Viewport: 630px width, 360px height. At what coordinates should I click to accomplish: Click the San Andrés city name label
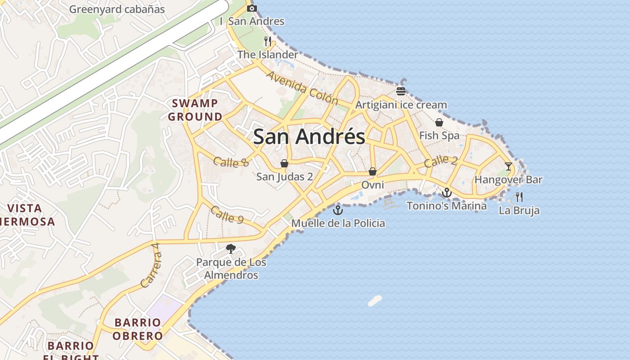[x=309, y=136]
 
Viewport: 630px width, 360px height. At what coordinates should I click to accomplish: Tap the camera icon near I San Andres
[x=252, y=8]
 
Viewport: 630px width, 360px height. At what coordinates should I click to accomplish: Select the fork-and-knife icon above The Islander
[x=268, y=41]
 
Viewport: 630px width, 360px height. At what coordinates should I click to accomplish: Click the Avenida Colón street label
[x=302, y=87]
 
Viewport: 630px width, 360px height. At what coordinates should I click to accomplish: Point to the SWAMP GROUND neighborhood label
[x=195, y=110]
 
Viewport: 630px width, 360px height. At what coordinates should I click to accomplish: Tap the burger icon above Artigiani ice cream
[x=401, y=91]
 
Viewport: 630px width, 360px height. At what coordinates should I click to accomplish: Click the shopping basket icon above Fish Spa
[x=439, y=122]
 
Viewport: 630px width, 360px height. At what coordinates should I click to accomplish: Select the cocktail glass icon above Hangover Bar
[x=508, y=166]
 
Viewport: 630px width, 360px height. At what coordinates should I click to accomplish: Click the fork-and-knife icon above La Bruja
[x=519, y=197]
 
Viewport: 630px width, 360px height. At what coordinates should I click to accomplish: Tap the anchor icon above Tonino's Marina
[x=446, y=193]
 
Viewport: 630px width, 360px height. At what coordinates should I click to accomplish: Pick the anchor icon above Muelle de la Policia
[x=337, y=210]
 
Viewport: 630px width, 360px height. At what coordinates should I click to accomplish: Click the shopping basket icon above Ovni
[x=373, y=171]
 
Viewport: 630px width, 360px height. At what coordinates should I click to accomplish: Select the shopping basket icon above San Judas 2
[x=284, y=163]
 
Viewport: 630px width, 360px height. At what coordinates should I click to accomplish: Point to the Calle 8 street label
[x=231, y=162]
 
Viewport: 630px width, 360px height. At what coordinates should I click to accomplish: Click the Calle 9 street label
[x=227, y=215]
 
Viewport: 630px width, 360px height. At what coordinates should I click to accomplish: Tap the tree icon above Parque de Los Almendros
[x=231, y=248]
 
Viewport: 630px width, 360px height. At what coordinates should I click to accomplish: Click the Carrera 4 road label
[x=150, y=265]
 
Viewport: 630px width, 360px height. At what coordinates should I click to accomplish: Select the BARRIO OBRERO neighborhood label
[x=138, y=329]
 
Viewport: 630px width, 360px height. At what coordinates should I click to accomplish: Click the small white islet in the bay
[x=375, y=301]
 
